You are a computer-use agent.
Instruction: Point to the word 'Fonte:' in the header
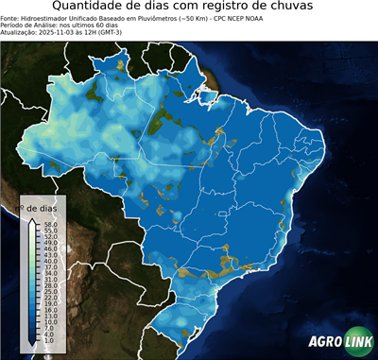pos(10,18)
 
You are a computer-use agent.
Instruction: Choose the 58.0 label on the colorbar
pos(51,225)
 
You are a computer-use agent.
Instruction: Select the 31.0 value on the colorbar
pos(51,281)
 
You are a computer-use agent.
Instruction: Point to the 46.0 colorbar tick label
pos(51,249)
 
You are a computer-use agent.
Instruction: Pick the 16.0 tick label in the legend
pos(51,310)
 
